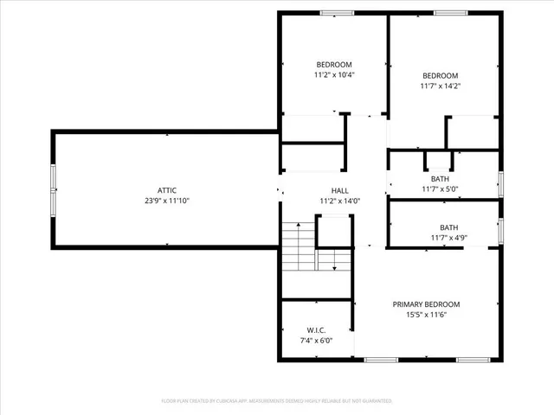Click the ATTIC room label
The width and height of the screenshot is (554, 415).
pos(167,190)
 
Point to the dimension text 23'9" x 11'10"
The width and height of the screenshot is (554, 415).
pos(167,201)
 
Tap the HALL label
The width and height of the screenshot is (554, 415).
pos(339,190)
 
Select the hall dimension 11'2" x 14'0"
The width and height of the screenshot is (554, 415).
pos(339,201)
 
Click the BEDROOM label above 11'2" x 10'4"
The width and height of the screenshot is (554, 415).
pos(333,65)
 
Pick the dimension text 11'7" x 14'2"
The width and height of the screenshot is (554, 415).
pos(441,86)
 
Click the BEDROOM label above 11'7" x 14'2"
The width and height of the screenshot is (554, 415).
pos(441,75)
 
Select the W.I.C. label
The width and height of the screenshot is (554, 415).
pos(316,330)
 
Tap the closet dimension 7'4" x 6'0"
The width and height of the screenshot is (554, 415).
pos(316,341)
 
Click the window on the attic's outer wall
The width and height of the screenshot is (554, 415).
pos(54,189)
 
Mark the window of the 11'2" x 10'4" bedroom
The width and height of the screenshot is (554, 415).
pos(333,13)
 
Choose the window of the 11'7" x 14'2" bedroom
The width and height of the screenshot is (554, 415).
pos(447,13)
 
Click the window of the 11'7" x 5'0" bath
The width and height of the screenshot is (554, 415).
pos(500,183)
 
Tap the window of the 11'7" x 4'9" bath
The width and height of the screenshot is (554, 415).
pos(500,231)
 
